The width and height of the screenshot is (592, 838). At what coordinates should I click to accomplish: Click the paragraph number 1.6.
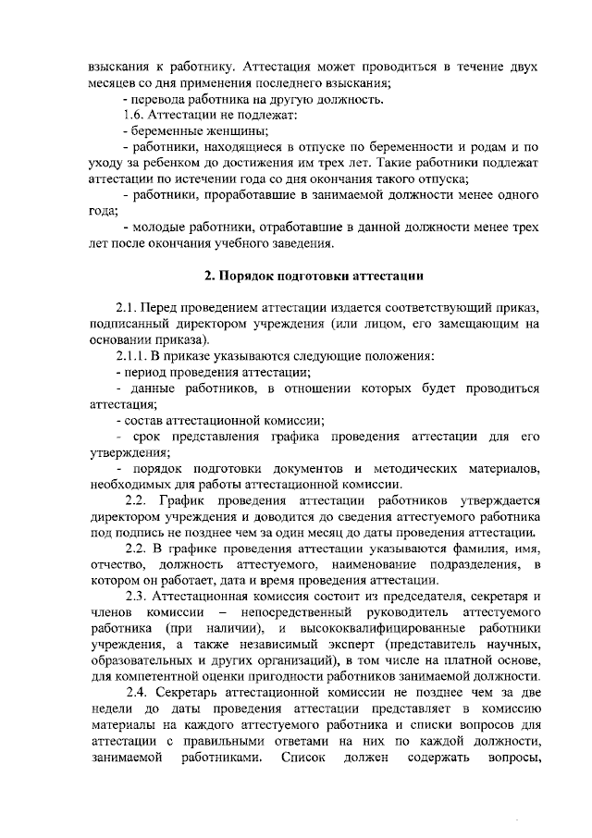[x=134, y=116]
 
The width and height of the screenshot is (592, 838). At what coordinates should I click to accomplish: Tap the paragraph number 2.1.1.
[x=133, y=355]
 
